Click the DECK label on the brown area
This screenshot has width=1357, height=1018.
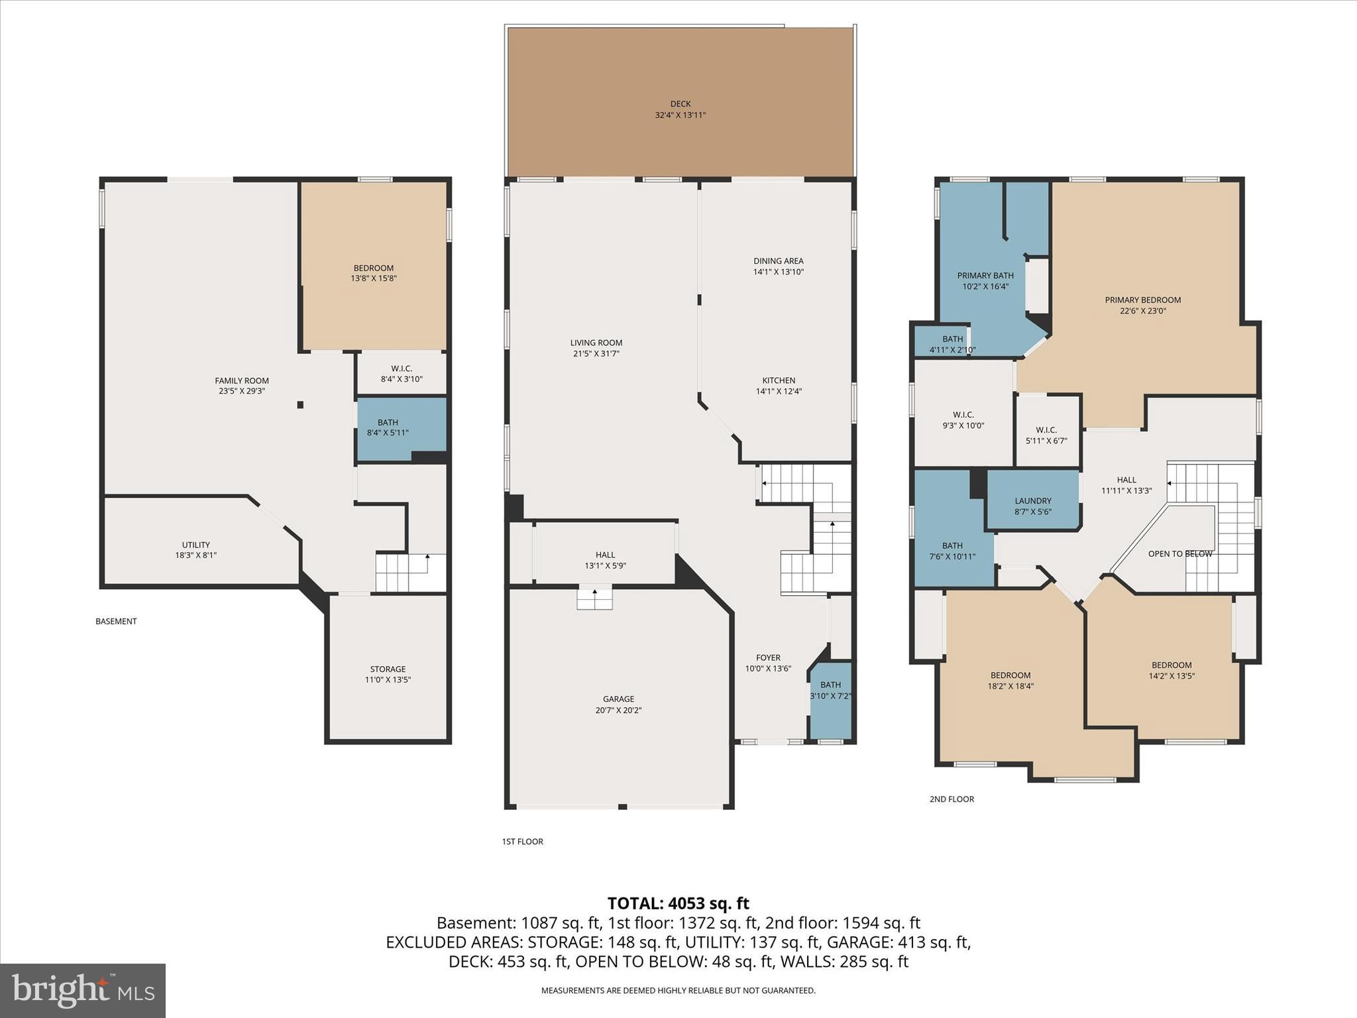[680, 104]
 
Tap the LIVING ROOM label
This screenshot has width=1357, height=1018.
[596, 343]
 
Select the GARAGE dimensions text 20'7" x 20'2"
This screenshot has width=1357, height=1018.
[618, 710]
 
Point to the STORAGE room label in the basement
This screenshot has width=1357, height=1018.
[388, 669]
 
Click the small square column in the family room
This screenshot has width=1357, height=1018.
[300, 405]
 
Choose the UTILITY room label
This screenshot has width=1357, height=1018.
[195, 545]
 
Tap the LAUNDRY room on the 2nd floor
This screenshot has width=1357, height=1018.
[1032, 501]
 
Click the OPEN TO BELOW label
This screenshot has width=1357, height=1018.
[1179, 554]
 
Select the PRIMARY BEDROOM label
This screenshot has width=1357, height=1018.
[1142, 300]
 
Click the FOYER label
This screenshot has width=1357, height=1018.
[768, 658]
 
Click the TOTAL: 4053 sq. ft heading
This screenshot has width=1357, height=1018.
[678, 903]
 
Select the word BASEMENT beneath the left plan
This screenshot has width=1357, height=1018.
[116, 622]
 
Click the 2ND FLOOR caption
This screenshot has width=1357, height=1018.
[951, 799]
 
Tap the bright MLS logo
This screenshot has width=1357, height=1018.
[83, 990]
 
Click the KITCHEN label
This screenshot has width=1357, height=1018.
[779, 380]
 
